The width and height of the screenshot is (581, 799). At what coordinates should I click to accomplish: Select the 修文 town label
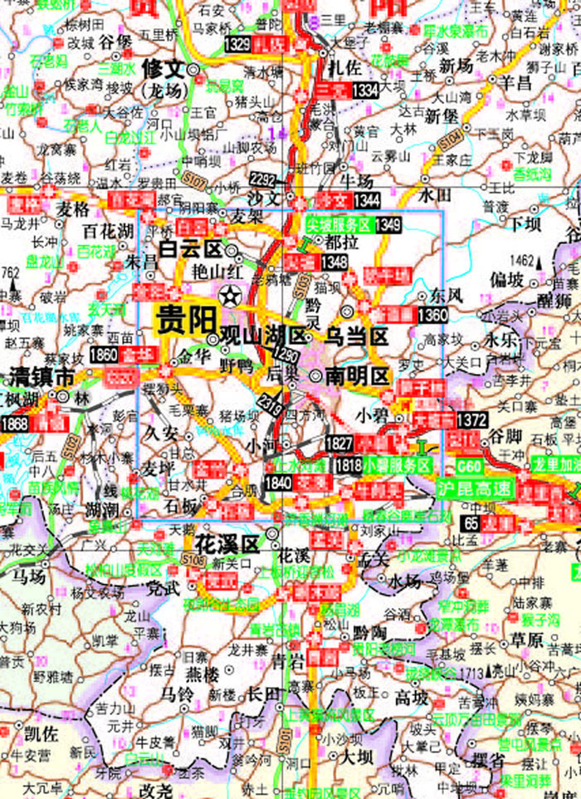(x=162, y=66)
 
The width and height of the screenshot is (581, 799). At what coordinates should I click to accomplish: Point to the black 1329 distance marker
(x=237, y=43)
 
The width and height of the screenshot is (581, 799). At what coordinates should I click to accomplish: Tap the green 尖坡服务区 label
(x=339, y=224)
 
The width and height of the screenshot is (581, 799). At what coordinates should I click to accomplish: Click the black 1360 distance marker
(x=432, y=315)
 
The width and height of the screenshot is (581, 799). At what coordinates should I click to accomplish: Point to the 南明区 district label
(x=356, y=375)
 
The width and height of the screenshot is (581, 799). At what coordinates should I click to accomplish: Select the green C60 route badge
(x=469, y=467)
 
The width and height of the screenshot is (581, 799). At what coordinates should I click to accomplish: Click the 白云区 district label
(x=193, y=249)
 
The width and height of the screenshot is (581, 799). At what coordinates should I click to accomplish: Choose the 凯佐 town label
(x=41, y=733)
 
